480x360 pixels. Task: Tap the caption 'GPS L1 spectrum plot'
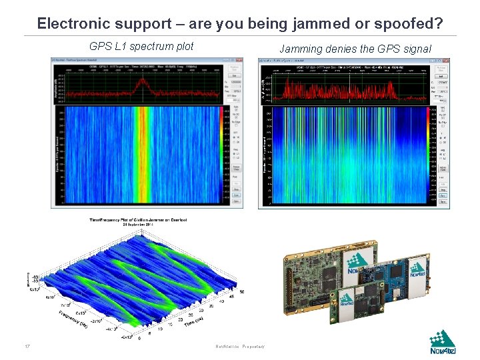(141, 47)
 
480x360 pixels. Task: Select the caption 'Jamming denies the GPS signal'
(355, 49)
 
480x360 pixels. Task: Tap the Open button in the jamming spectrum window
(442, 201)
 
